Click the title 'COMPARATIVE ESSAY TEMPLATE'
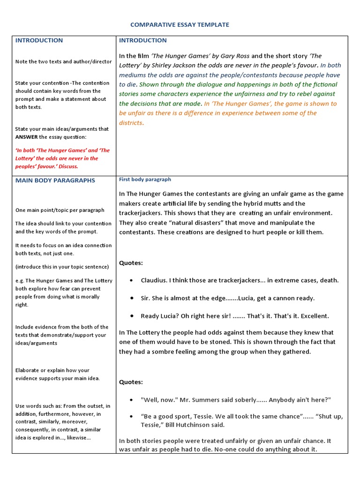click(180, 24)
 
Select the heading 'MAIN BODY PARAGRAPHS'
click(55, 180)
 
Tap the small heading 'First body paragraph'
click(145, 180)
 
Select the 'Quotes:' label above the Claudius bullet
click(131, 263)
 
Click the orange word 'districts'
click(131, 123)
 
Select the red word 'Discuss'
click(68, 166)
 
